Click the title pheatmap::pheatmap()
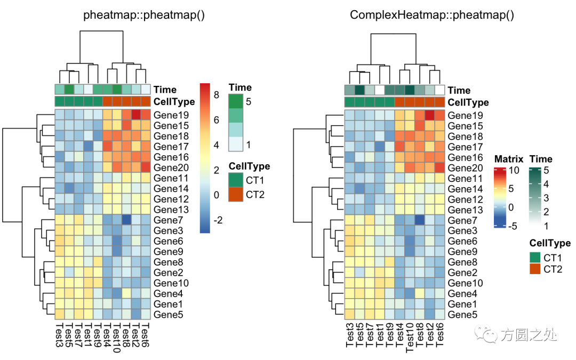(x=144, y=15)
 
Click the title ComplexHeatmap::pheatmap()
(x=432, y=15)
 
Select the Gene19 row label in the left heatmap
(x=169, y=115)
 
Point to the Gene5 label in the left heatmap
(x=169, y=315)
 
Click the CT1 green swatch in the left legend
(x=236, y=180)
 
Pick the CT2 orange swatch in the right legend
(x=535, y=269)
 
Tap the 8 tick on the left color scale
(x=217, y=95)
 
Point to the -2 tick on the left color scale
(x=219, y=220)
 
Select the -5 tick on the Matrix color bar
(x=512, y=226)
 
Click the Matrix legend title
(x=508, y=159)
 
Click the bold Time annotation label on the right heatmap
(x=459, y=91)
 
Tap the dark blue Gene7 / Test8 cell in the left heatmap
(x=126, y=220)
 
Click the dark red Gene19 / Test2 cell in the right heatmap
(x=430, y=115)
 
